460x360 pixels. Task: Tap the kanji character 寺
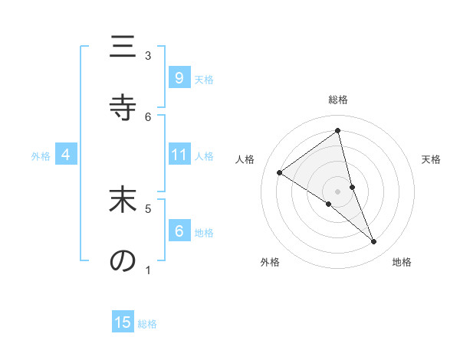(122, 108)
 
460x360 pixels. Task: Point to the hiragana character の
(122, 260)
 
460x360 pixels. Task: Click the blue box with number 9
(179, 78)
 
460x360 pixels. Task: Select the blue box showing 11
(179, 155)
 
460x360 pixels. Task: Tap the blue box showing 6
(179, 231)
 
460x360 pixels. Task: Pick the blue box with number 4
(66, 155)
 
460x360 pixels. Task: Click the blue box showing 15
(123, 322)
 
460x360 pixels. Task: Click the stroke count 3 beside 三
(148, 55)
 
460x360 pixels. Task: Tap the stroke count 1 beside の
(148, 270)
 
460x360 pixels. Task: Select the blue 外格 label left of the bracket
(41, 155)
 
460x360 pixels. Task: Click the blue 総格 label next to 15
(147, 324)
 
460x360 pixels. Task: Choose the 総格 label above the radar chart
(338, 100)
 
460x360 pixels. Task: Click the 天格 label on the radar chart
(432, 159)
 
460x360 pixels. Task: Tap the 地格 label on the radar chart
(402, 262)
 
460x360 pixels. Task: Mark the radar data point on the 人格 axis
(280, 172)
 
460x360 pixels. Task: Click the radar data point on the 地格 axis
(374, 242)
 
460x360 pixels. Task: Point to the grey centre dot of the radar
(337, 191)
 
